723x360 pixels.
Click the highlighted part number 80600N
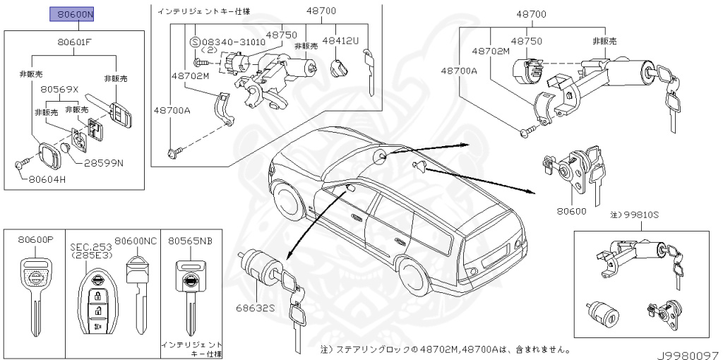[75, 14]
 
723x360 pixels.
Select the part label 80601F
[76, 42]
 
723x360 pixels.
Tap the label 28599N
[104, 163]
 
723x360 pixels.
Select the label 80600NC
[136, 241]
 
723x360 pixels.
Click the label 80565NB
[190, 241]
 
